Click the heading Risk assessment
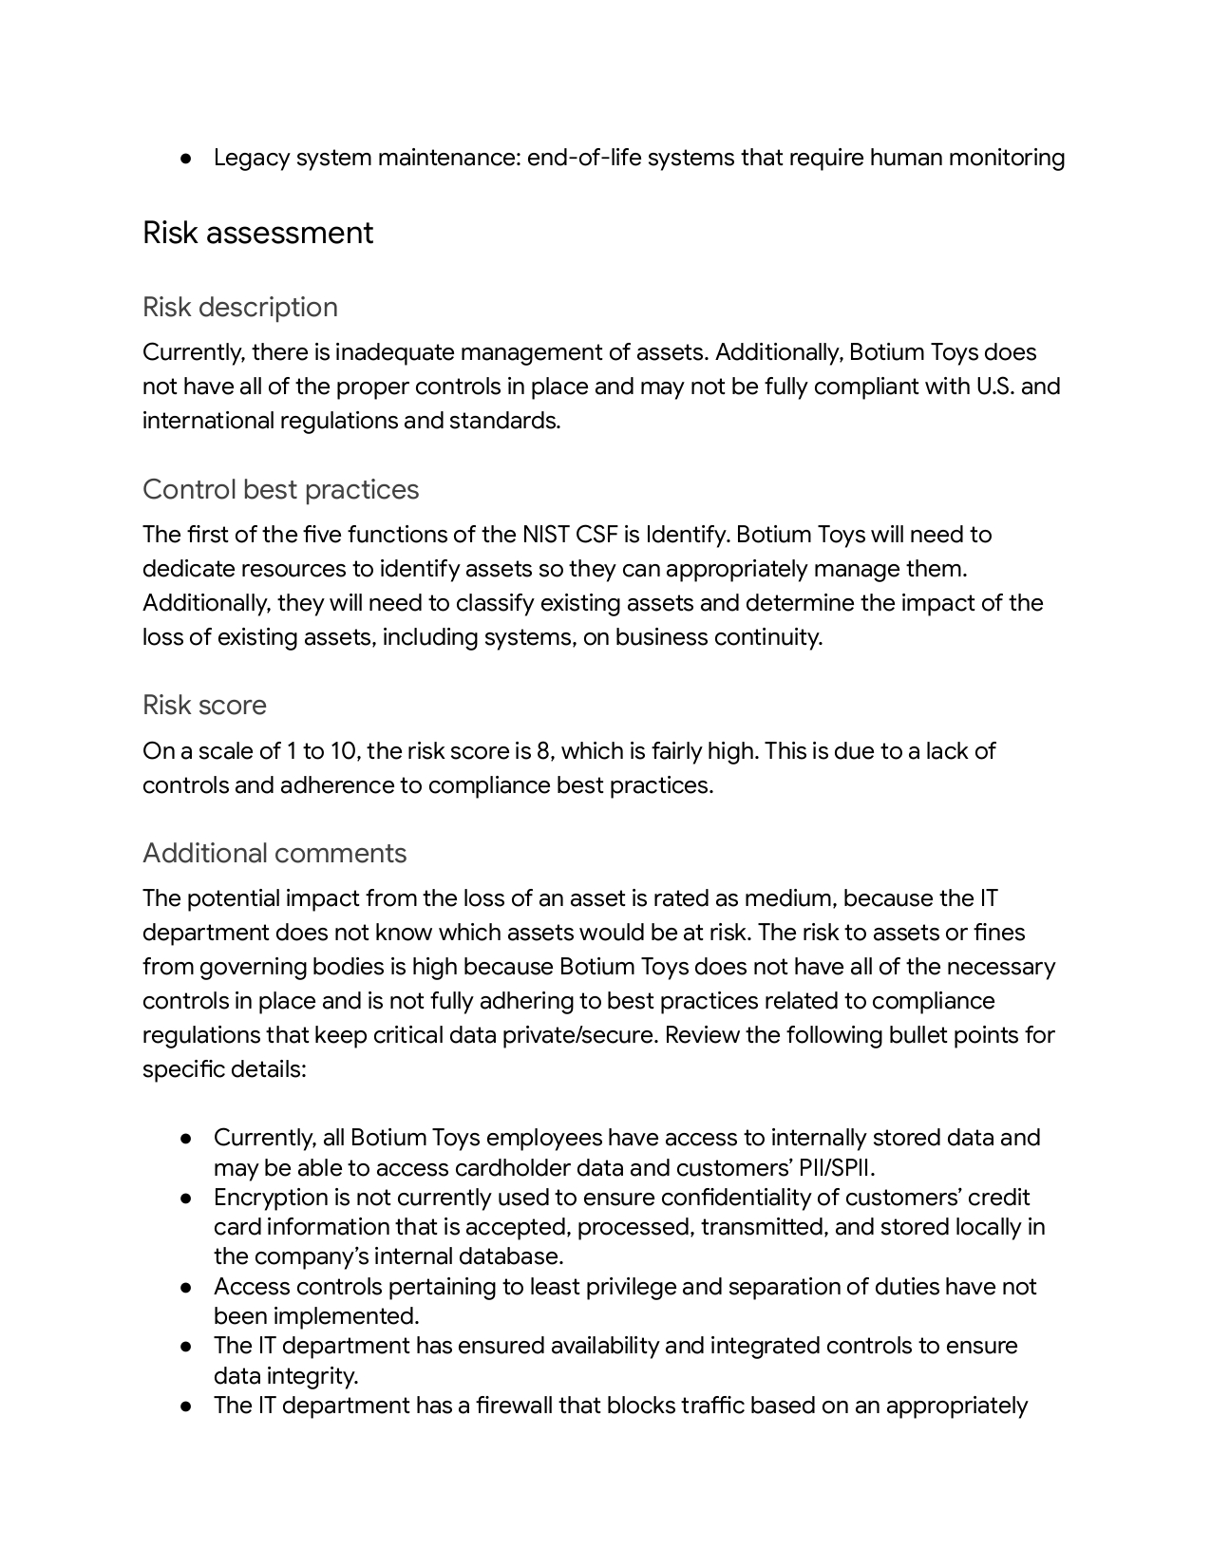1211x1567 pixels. pos(257,234)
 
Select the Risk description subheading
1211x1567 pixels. pos(240,308)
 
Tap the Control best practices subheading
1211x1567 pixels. pos(280,490)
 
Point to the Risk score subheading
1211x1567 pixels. pos(204,706)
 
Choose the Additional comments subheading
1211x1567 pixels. pos(274,854)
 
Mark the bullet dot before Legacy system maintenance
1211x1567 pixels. pos(187,158)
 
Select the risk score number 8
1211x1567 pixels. pos(543,751)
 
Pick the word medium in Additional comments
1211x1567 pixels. pos(788,898)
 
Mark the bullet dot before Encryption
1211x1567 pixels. pos(187,1198)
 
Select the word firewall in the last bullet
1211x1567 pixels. pos(514,1406)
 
